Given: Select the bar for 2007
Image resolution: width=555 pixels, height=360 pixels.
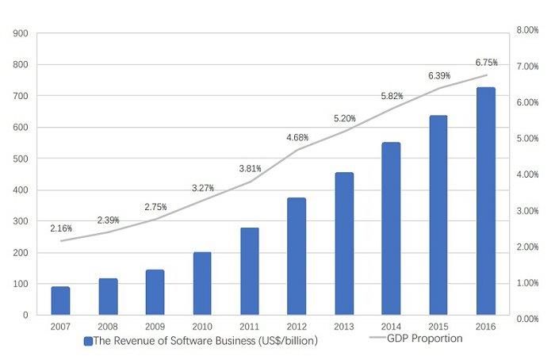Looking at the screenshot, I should point(60,301).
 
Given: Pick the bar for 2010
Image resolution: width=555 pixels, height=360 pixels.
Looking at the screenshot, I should point(202,283).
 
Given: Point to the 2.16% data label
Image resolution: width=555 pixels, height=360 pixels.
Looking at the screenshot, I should point(61,228).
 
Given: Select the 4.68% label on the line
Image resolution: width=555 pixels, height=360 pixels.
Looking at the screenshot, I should point(297,138).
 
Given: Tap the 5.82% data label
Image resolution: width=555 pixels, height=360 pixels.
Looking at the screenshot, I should point(392,96).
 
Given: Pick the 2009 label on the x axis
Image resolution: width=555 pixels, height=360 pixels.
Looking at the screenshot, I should point(155,327).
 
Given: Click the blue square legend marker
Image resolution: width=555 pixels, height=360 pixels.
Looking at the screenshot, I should point(88,340).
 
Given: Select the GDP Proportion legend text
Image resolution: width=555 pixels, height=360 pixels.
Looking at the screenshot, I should point(425,339).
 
